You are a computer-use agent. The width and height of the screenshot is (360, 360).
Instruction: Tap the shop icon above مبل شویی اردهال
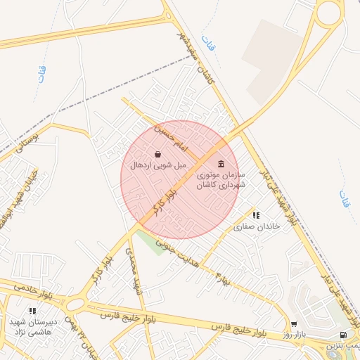pos(157,154)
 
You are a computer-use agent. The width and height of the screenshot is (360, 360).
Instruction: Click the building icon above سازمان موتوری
pos(221,164)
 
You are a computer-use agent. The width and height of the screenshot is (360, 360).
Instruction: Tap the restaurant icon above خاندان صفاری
pos(255,215)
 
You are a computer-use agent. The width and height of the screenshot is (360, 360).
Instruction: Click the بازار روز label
pos(294,335)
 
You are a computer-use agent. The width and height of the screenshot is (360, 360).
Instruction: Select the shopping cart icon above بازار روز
pos(294,325)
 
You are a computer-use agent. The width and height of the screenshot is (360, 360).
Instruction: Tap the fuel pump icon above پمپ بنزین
pos(342,335)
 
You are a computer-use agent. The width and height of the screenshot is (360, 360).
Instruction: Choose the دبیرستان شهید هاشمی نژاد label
pos(32,326)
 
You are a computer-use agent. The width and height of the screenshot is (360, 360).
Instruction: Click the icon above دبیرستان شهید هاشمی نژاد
pos(32,310)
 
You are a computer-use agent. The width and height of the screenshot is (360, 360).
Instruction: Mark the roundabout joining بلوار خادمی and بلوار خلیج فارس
pos(77,304)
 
